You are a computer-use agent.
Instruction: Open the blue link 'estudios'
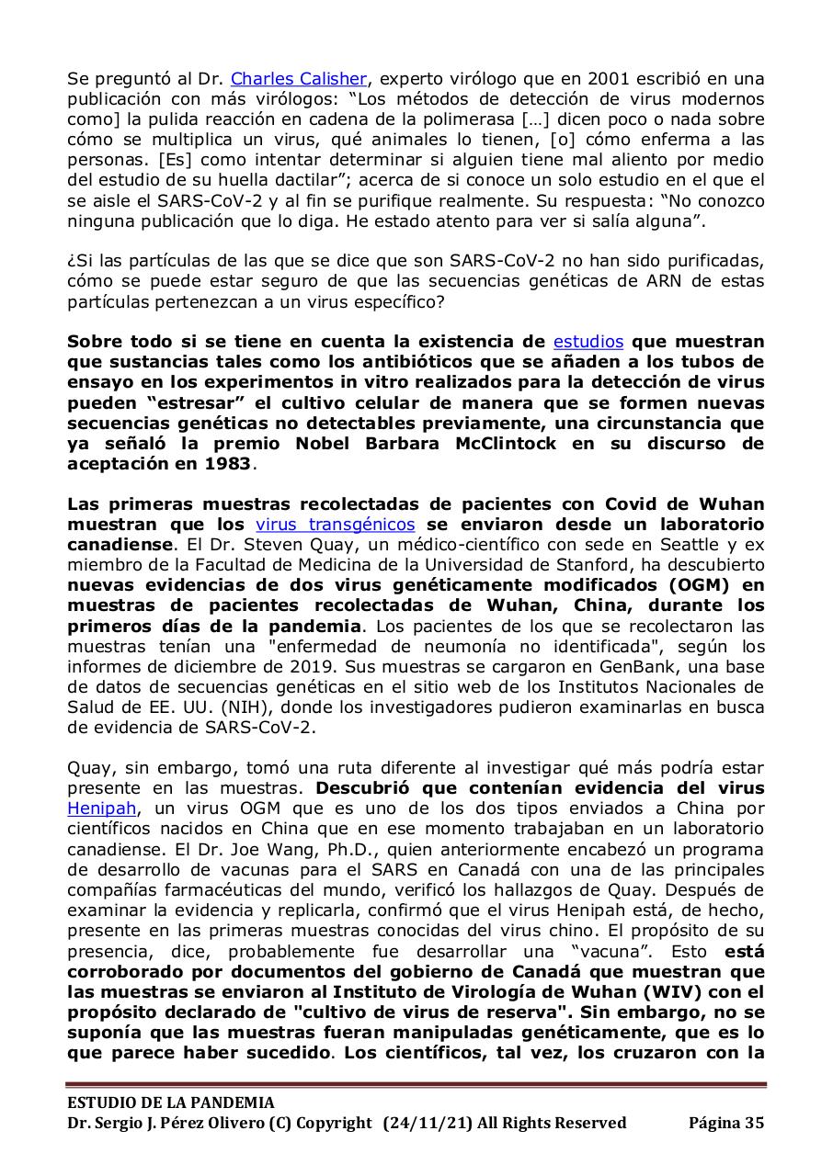[588, 342]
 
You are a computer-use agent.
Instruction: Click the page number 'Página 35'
[726, 1123]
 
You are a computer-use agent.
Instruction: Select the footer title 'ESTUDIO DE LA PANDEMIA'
[170, 1102]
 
